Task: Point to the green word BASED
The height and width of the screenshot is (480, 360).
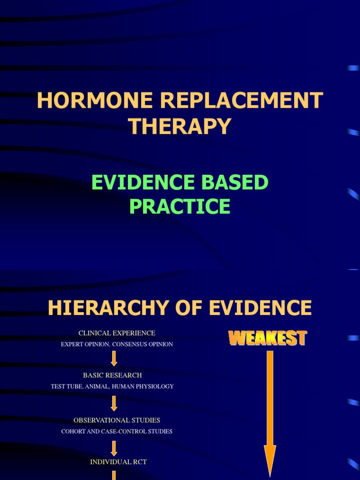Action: coord(236,182)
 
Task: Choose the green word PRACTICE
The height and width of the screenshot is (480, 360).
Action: coord(180,206)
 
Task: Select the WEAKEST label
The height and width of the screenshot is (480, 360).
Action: coord(268,338)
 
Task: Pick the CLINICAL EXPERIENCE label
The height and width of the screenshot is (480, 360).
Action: coord(117,333)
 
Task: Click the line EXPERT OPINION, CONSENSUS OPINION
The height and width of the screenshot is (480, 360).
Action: coord(117,345)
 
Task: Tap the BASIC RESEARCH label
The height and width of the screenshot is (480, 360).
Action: coord(112,375)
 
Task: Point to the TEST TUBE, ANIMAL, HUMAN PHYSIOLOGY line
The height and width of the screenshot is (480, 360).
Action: coord(112,387)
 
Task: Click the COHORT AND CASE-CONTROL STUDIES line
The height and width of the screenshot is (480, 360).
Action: coord(117,431)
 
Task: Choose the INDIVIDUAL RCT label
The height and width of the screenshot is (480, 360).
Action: coord(118,462)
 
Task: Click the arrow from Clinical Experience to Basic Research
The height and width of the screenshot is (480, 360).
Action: coord(114,359)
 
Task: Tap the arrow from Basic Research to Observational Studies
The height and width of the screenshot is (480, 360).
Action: coord(114,403)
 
